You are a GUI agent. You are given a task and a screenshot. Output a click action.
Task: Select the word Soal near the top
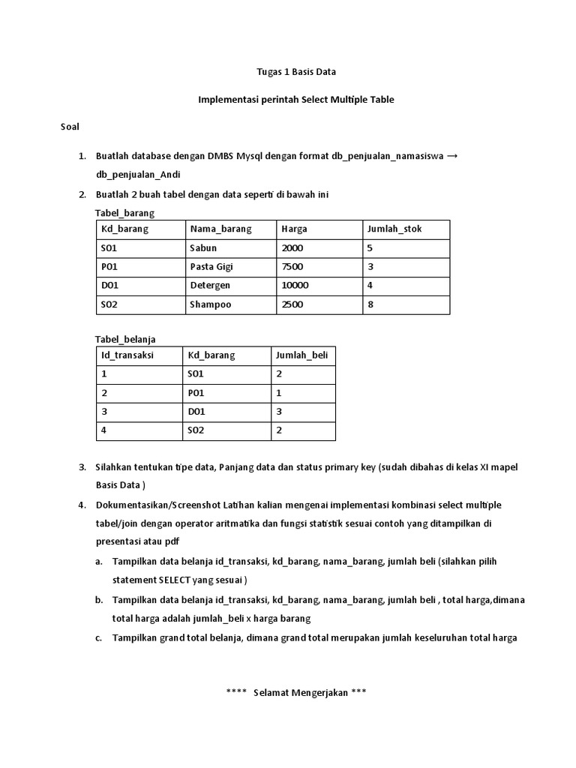(70, 127)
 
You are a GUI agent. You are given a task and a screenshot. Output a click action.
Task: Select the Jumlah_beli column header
(302, 355)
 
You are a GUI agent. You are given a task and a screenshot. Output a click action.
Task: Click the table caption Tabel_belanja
(125, 339)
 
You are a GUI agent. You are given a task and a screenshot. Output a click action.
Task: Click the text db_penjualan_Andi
(138, 175)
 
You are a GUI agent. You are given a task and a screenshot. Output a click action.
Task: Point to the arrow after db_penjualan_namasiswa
(452, 156)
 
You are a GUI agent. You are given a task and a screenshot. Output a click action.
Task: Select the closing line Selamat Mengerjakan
(295, 692)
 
